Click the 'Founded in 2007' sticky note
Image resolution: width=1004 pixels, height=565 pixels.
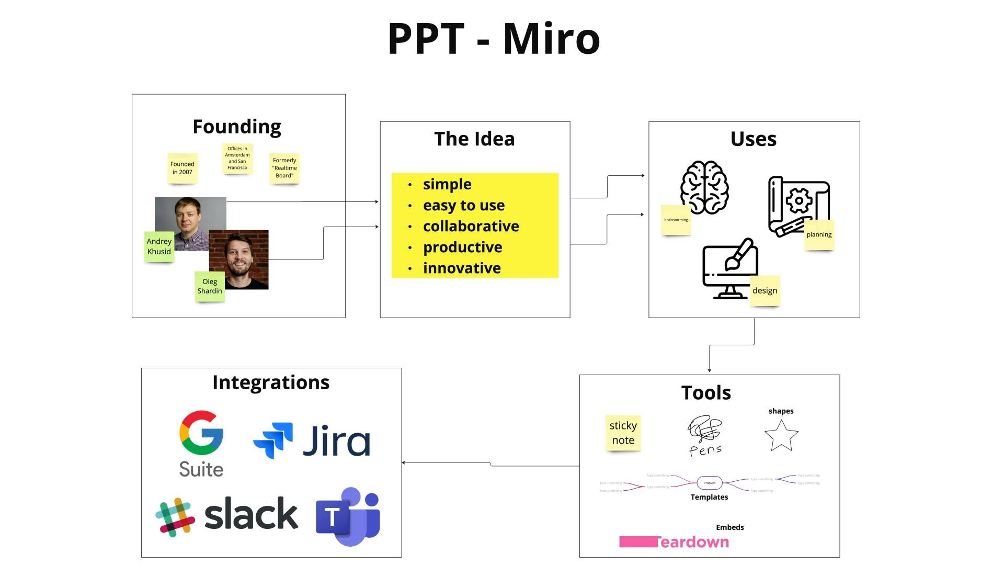pos(182,168)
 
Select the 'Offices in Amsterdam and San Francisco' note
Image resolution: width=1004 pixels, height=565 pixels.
pos(237,159)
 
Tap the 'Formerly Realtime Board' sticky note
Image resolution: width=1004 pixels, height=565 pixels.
pos(284,168)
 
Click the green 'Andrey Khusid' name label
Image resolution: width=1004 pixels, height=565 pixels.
pos(159,246)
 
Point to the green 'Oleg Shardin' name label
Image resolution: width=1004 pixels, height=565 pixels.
pos(210,286)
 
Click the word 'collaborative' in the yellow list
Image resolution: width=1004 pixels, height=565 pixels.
pos(471,226)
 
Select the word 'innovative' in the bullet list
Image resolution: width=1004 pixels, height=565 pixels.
pos(462,268)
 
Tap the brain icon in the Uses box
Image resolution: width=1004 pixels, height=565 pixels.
pos(704,187)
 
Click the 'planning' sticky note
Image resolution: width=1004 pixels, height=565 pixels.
pos(819,234)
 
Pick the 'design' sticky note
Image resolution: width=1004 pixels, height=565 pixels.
pos(765,290)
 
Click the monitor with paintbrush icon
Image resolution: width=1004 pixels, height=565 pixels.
pos(730,269)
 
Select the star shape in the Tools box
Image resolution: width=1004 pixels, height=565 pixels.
pos(781,435)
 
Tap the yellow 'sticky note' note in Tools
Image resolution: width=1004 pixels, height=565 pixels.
pos(623,433)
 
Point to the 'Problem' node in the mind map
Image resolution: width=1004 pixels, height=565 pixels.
pos(709,483)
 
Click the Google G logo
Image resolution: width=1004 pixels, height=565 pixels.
pos(201,433)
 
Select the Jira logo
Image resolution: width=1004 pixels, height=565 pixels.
pos(312,441)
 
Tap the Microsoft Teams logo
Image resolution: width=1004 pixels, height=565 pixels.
pos(348,516)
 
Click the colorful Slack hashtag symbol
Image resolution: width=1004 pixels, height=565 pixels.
pos(175,517)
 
